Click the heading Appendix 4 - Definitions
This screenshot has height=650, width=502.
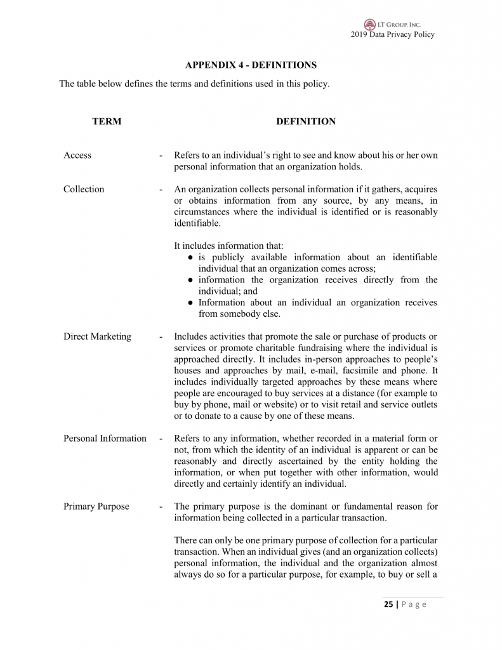(251, 65)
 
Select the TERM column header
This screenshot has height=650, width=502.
(107, 121)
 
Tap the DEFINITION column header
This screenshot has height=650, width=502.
(306, 121)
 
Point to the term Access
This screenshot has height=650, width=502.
(77, 156)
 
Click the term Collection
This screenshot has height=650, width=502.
(84, 189)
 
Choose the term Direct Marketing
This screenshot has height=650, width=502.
(97, 336)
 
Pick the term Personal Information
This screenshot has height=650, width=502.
(105, 438)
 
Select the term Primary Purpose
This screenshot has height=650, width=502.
(96, 506)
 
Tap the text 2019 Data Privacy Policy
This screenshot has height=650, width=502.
(392, 34)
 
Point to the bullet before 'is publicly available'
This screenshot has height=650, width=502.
(191, 257)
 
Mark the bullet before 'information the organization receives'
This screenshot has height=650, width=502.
(191, 280)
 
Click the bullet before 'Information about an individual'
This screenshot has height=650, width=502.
(191, 303)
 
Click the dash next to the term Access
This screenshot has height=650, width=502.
(162, 156)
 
